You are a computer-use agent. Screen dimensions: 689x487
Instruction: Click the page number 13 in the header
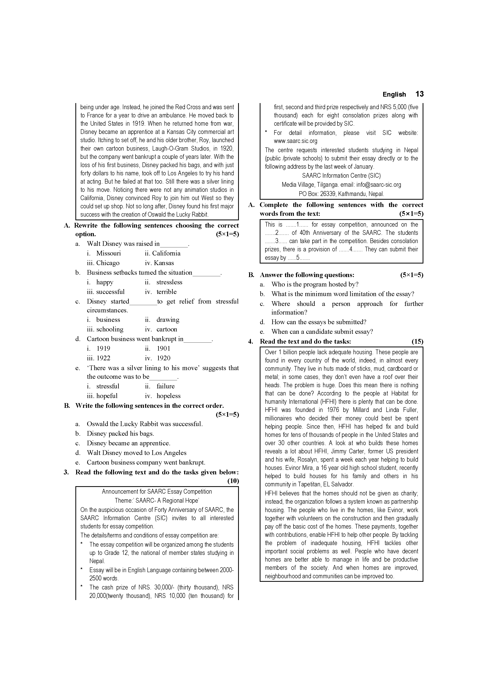coord(419,94)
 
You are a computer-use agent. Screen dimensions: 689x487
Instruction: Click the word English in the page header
coord(394,94)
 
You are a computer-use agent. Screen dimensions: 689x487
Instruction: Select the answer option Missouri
coord(108,253)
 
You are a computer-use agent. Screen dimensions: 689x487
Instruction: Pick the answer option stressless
coord(169,282)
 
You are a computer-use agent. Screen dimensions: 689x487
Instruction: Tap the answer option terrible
coord(166,292)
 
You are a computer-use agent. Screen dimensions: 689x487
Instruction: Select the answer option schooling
coord(110,329)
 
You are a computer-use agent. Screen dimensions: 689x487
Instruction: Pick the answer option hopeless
coord(168,396)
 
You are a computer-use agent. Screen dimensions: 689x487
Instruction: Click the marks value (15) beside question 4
coord(417,341)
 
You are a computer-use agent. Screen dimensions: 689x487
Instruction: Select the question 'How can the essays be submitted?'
coord(319,322)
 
